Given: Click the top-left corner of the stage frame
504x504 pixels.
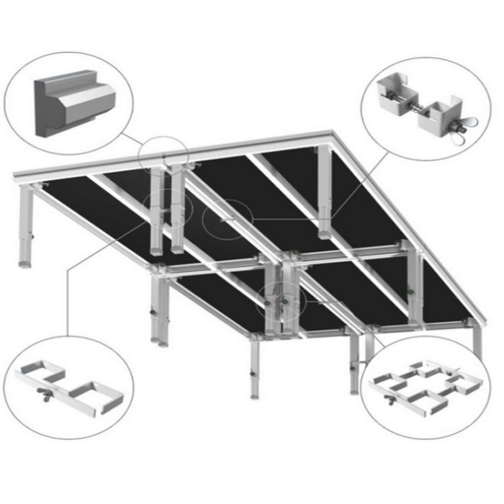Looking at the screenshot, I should click(x=16, y=177).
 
